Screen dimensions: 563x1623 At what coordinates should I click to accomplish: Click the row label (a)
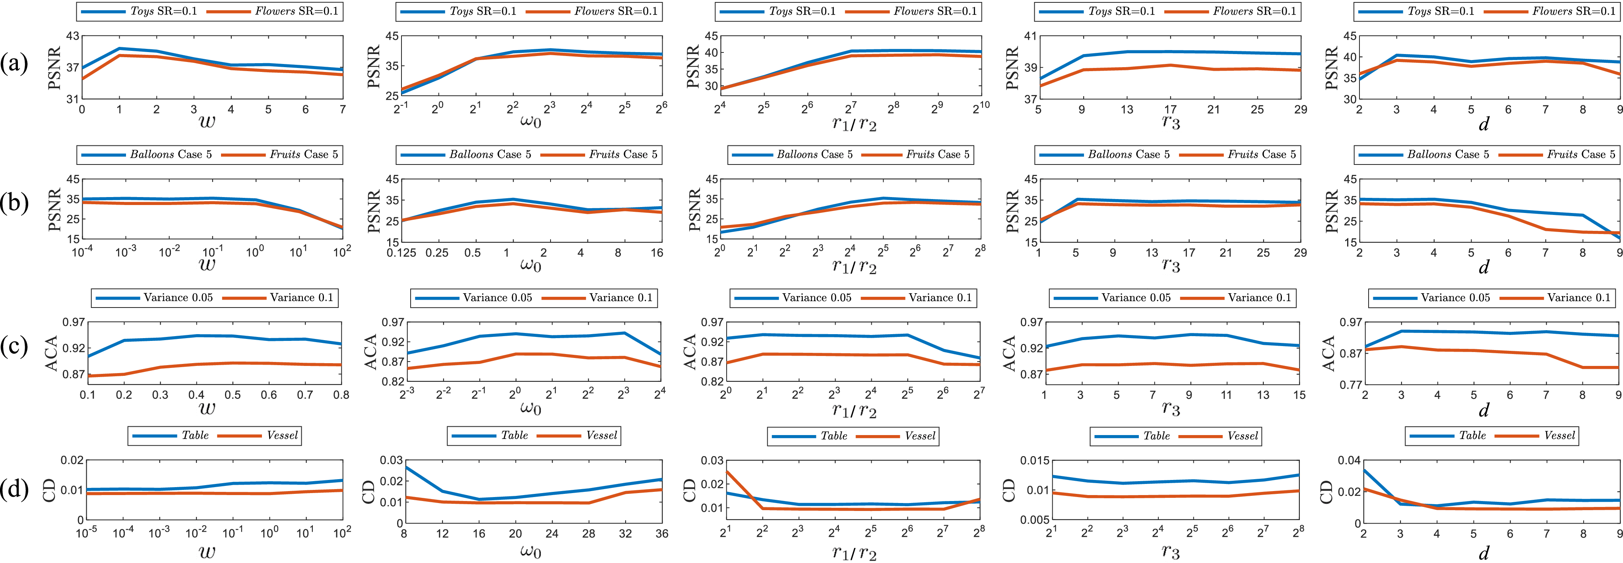coord(14,64)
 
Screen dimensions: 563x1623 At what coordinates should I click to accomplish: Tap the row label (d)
coord(14,489)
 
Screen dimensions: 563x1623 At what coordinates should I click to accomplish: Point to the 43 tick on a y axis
coord(72,37)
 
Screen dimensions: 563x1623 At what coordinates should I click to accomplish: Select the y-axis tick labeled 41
coord(1030,37)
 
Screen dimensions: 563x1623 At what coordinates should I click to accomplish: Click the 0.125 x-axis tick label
coord(399,253)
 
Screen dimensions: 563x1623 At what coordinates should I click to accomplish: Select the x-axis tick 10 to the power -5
coord(86,533)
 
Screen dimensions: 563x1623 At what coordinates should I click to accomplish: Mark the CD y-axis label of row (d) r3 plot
coord(1009,490)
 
